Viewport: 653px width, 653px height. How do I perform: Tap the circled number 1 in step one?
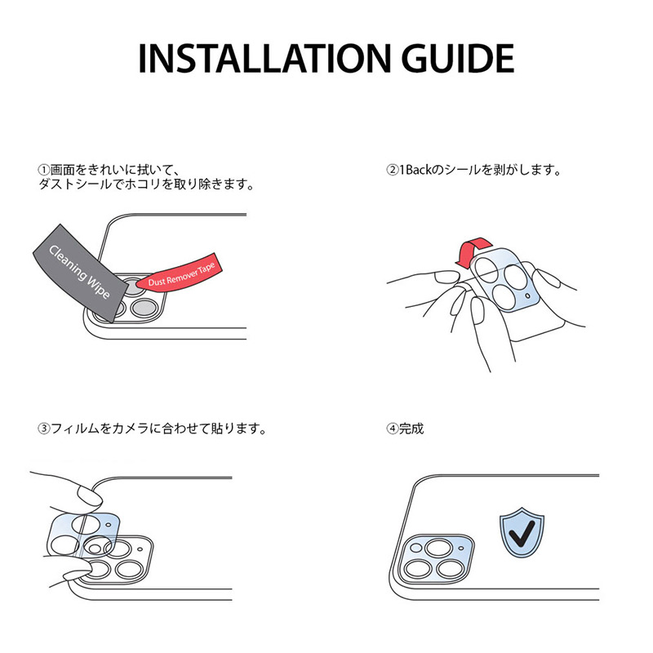click(x=44, y=170)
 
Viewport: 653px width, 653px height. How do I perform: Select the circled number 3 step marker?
click(x=44, y=428)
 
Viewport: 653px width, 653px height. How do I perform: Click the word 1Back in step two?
click(x=417, y=170)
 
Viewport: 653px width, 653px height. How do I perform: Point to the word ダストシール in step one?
click(x=73, y=185)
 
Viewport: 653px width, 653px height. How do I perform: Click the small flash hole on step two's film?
click(x=529, y=295)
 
